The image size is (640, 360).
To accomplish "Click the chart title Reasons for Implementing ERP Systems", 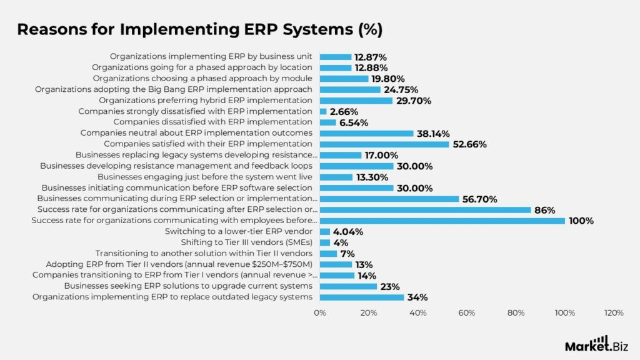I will pyautogui.click(x=199, y=29).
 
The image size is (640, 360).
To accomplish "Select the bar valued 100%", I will pyautogui.click(x=442, y=221).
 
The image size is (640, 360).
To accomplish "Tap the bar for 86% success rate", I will pyautogui.click(x=425, y=210).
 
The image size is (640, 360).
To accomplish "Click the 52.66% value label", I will pyautogui.click(x=469, y=144).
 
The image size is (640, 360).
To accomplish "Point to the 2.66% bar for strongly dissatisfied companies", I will pyautogui.click(x=323, y=111).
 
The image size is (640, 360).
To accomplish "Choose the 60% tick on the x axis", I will pyautogui.click(x=467, y=312).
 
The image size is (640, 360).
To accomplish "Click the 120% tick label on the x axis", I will pyautogui.click(x=613, y=312).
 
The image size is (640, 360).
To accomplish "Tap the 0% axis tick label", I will pyautogui.click(x=320, y=312).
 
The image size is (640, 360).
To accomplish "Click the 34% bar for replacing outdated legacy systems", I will pyautogui.click(x=361, y=297).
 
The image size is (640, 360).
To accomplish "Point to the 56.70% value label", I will pyautogui.click(x=480, y=199).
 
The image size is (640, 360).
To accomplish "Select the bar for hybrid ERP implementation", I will pyautogui.click(x=356, y=101).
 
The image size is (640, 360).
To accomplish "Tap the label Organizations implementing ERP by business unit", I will pyautogui.click(x=211, y=56).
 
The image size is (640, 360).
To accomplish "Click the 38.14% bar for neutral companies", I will pyautogui.click(x=366, y=133).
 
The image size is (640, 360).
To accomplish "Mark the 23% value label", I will pyautogui.click(x=391, y=286).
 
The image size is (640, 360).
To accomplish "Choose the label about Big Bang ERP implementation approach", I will pyautogui.click(x=173, y=89).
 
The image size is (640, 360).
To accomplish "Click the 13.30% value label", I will pyautogui.click(x=373, y=177).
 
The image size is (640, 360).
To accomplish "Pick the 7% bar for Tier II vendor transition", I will pyautogui.click(x=328, y=253).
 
